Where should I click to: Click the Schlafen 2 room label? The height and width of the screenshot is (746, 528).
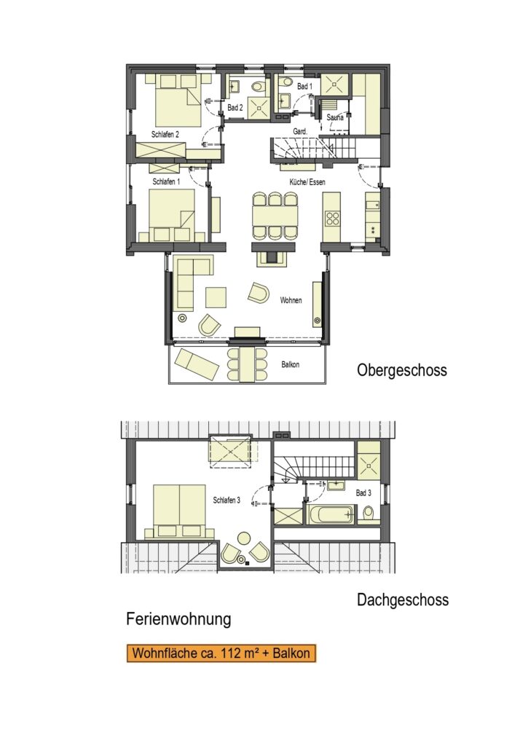165,135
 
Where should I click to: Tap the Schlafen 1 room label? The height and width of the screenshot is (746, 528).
166,181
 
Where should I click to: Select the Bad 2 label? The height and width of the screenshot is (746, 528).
235,108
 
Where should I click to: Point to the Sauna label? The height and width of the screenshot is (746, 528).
335,117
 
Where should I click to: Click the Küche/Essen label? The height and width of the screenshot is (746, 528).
307,181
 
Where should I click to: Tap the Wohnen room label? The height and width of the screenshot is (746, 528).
291,300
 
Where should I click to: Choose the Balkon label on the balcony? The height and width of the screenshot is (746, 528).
290,365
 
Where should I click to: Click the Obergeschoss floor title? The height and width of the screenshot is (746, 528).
402,370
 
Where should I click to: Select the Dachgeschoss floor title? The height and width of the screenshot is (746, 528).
403,600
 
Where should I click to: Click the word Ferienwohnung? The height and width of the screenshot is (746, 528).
179,619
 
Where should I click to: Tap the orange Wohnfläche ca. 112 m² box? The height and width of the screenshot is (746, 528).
221,653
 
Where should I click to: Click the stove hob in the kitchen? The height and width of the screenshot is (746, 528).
332,219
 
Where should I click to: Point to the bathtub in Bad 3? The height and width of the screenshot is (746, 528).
331,514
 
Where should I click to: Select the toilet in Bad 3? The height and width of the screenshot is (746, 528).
369,514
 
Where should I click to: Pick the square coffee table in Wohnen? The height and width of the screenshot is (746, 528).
216,297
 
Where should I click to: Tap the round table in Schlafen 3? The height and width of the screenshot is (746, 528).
244,538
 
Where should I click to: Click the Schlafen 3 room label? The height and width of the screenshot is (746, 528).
226,500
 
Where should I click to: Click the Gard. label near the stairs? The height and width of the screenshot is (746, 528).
300,131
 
